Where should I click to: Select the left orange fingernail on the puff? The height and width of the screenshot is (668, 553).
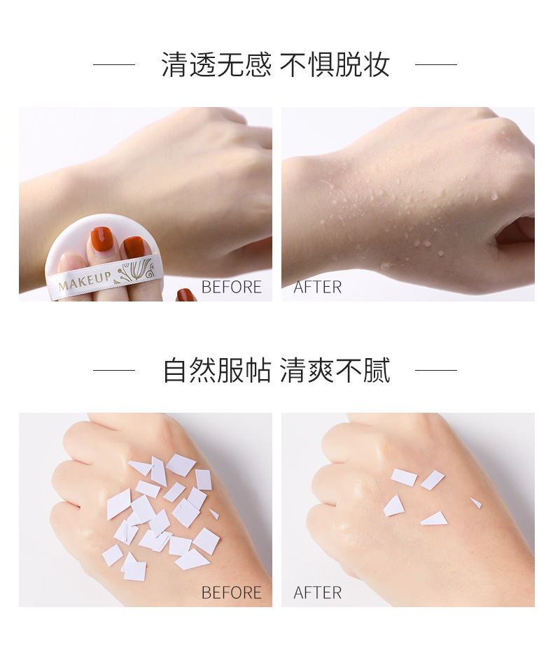click(101, 239)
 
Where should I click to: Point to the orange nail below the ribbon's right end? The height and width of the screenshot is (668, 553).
click(185, 295)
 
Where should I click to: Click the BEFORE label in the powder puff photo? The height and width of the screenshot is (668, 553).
click(231, 287)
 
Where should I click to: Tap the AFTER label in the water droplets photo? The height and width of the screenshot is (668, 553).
click(318, 287)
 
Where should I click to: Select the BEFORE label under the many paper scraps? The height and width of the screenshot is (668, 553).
click(231, 592)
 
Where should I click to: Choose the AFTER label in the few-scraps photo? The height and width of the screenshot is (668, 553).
click(318, 592)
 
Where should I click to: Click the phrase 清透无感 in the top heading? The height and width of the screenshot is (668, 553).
click(216, 65)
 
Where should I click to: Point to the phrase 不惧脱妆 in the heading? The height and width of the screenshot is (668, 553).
click(335, 65)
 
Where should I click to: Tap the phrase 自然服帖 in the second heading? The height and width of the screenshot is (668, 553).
click(216, 371)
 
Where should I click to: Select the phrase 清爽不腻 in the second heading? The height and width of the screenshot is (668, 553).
click(335, 371)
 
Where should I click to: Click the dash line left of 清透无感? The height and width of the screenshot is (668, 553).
click(113, 65)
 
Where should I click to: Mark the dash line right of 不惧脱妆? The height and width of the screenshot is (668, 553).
click(435, 65)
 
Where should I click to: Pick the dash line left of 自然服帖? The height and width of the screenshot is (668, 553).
click(113, 371)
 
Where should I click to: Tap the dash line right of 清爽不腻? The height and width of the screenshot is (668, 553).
click(435, 371)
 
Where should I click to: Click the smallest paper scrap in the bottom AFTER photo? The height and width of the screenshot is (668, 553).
click(476, 502)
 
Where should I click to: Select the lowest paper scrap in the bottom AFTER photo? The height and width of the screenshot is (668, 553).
click(435, 519)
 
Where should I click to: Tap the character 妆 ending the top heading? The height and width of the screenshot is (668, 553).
click(376, 65)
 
